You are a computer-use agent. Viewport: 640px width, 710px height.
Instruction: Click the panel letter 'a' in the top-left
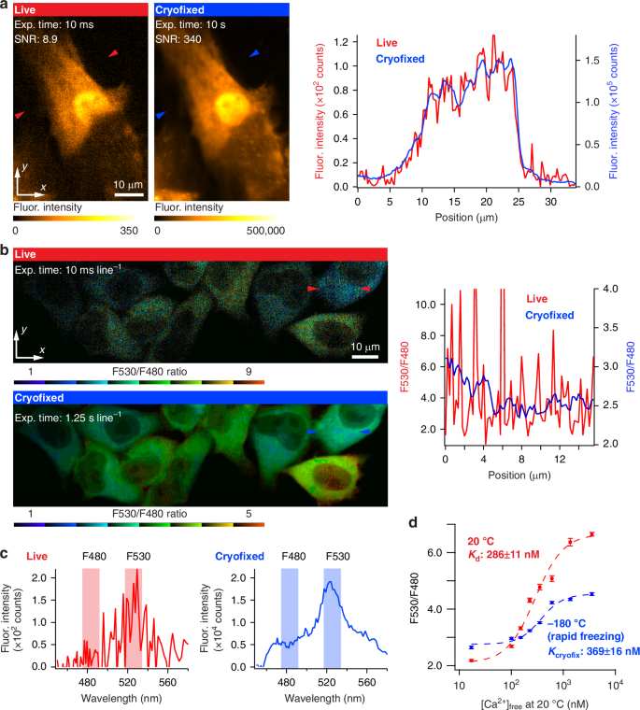point(6,7)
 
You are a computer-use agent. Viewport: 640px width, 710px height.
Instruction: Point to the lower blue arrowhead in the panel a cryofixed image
point(161,114)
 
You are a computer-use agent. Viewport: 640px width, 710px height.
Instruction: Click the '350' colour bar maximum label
point(135,229)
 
